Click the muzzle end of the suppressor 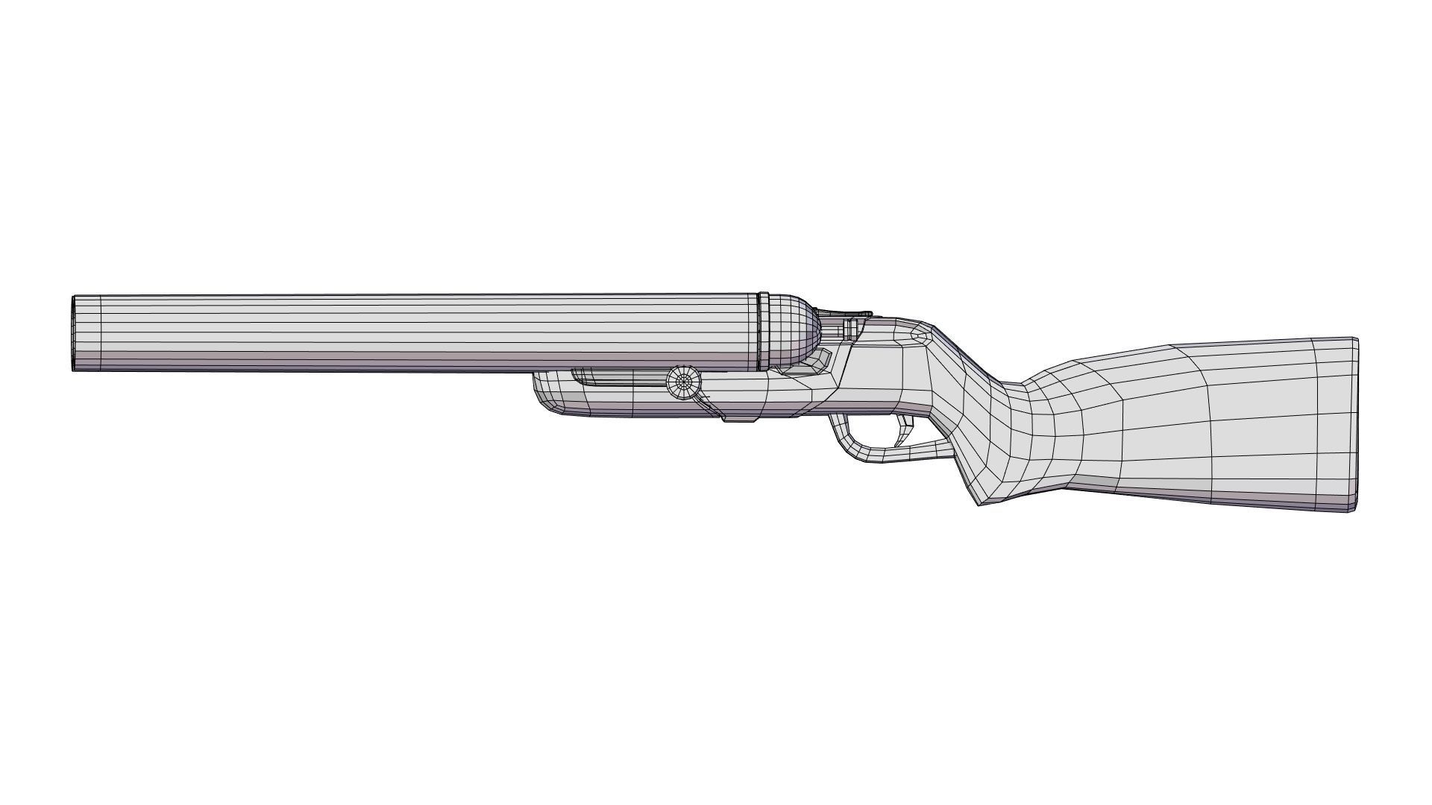pos(75,333)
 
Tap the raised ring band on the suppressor pos(764,332)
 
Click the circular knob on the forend pos(684,382)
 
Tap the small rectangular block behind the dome pos(850,329)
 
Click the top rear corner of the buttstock pos(1353,341)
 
